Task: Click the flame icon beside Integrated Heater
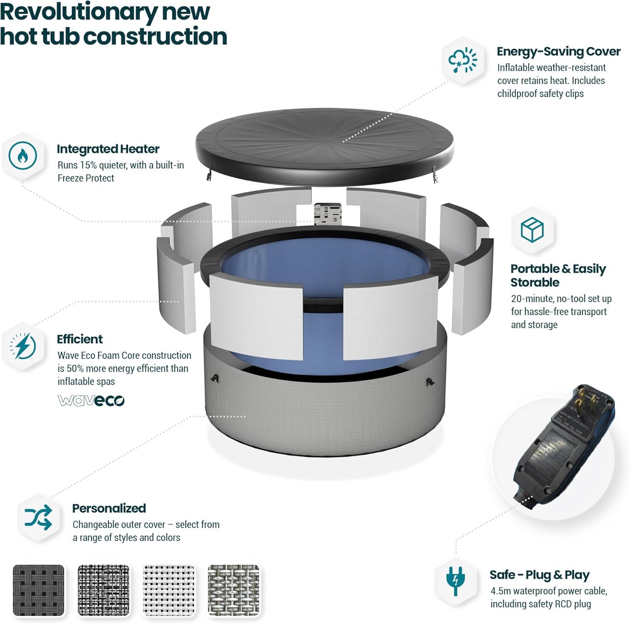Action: point(23,155)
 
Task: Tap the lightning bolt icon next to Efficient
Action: point(23,346)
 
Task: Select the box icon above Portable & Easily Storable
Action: point(532,229)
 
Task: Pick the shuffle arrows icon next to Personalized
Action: point(38,517)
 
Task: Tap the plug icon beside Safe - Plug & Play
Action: point(456,580)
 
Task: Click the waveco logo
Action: point(91,400)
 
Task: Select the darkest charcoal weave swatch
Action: point(39,590)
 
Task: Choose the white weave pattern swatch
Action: point(169,590)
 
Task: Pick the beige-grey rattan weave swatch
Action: point(234,590)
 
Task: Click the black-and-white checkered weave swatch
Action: point(104,590)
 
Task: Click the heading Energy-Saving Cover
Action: point(558,51)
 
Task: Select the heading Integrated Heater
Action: point(108,149)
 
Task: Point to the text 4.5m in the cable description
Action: point(500,591)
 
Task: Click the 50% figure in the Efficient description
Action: point(76,369)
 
